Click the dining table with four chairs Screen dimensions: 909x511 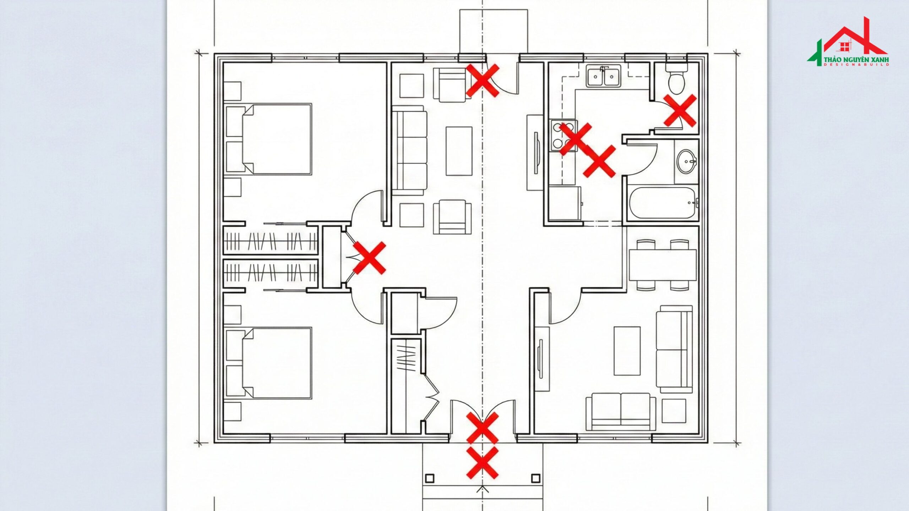pyautogui.click(x=663, y=265)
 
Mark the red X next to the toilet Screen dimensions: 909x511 pyautogui.click(x=680, y=110)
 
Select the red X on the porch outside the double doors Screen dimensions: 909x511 pyautogui.click(x=482, y=462)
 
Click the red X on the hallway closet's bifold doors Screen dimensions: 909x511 pyautogui.click(x=369, y=258)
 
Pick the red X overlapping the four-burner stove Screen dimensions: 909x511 pyautogui.click(x=576, y=139)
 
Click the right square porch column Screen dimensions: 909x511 pyautogui.click(x=535, y=478)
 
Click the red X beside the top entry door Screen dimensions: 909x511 pyautogui.click(x=483, y=80)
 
